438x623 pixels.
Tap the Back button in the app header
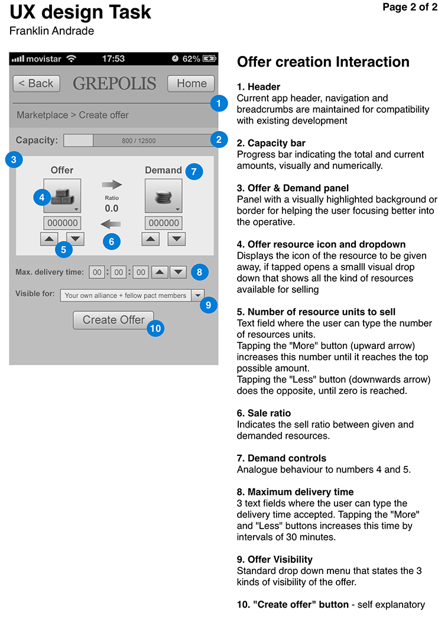click(37, 83)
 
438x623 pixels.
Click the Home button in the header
click(191, 83)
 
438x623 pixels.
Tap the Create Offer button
click(113, 319)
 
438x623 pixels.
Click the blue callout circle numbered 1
click(219, 103)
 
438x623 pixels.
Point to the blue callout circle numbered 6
click(112, 241)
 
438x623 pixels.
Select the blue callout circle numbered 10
click(155, 328)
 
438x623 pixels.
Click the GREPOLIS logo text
click(115, 84)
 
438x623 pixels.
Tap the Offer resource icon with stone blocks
click(62, 195)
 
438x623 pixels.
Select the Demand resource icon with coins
click(163, 195)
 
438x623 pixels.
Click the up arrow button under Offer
click(49, 239)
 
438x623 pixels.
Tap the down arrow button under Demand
click(177, 239)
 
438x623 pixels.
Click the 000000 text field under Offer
click(62, 223)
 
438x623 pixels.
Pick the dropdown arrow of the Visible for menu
click(198, 295)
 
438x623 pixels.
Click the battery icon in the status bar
click(210, 58)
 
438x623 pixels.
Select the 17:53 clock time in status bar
click(113, 58)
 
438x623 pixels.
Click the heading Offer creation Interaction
click(323, 62)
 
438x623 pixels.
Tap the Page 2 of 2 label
click(410, 7)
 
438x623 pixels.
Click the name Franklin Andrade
click(52, 31)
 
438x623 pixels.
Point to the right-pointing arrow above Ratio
click(112, 185)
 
